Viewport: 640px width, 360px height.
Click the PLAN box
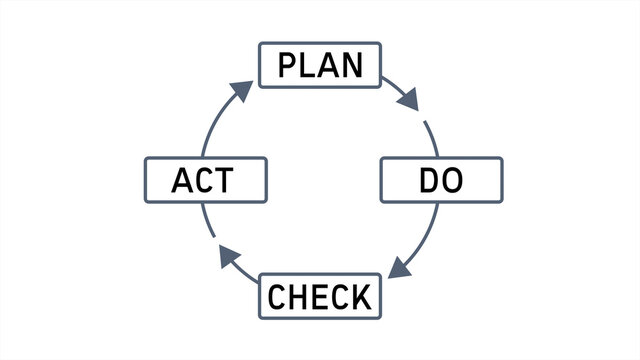[x=320, y=64]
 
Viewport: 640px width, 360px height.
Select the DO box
[x=442, y=180]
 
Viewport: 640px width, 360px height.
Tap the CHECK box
[x=320, y=296]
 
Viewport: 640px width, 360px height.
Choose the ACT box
[x=206, y=180]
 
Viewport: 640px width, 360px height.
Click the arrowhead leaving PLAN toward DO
[x=407, y=100]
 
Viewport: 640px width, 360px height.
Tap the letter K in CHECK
[x=361, y=297]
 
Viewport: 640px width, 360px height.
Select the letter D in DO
[x=429, y=181]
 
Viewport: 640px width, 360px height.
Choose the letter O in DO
[x=453, y=181]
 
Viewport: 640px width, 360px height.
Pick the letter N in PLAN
[x=351, y=65]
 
